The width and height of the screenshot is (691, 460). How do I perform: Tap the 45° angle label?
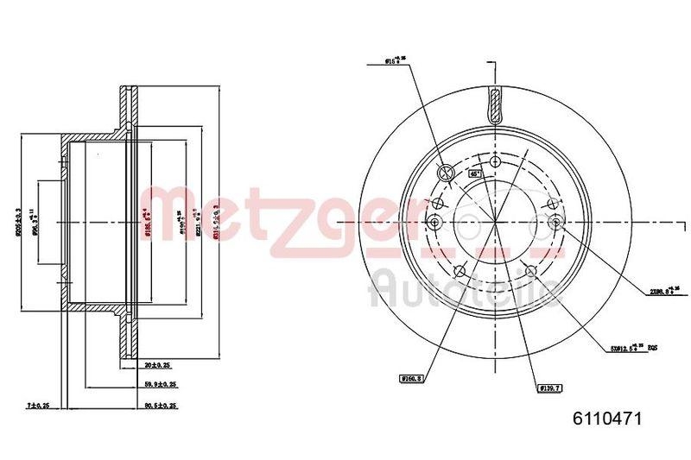click(x=474, y=173)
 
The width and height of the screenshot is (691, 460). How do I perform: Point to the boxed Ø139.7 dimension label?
click(x=549, y=389)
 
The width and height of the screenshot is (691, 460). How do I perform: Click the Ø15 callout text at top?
click(x=396, y=60)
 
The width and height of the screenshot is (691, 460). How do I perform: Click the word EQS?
click(x=654, y=349)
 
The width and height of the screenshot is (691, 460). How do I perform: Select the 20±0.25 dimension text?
click(x=157, y=365)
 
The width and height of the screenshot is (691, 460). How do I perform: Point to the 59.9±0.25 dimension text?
click(x=160, y=384)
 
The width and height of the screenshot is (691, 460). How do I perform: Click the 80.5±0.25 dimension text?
click(x=160, y=405)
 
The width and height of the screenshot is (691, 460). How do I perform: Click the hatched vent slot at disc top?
click(x=494, y=107)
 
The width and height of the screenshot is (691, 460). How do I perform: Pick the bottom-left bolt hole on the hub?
click(x=459, y=272)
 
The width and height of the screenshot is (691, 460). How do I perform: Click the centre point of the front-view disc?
click(x=494, y=223)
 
